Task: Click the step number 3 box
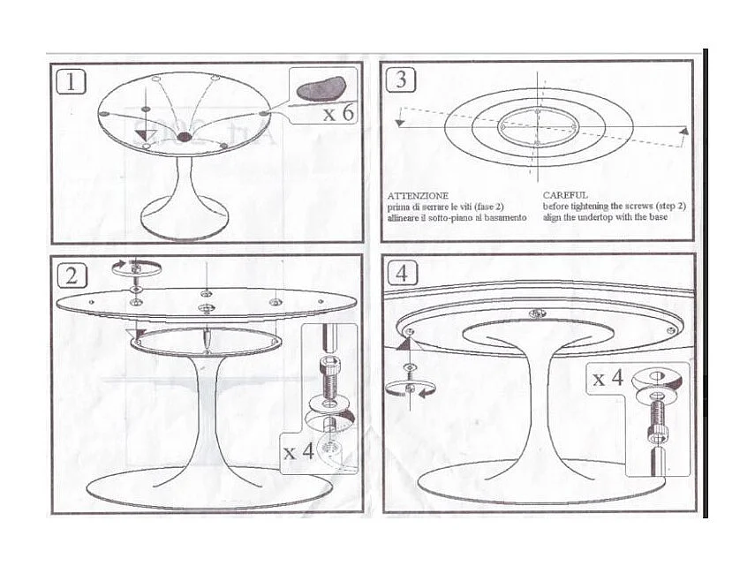(x=401, y=79)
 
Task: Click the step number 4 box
(x=403, y=274)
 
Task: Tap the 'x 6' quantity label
(x=338, y=114)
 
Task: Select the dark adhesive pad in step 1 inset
(x=322, y=87)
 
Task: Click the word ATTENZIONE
(x=418, y=194)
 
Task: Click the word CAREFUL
(x=564, y=194)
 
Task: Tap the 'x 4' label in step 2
(x=298, y=451)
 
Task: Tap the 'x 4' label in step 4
(x=608, y=379)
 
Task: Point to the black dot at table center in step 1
(x=184, y=138)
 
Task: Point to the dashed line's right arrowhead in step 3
(x=683, y=131)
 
